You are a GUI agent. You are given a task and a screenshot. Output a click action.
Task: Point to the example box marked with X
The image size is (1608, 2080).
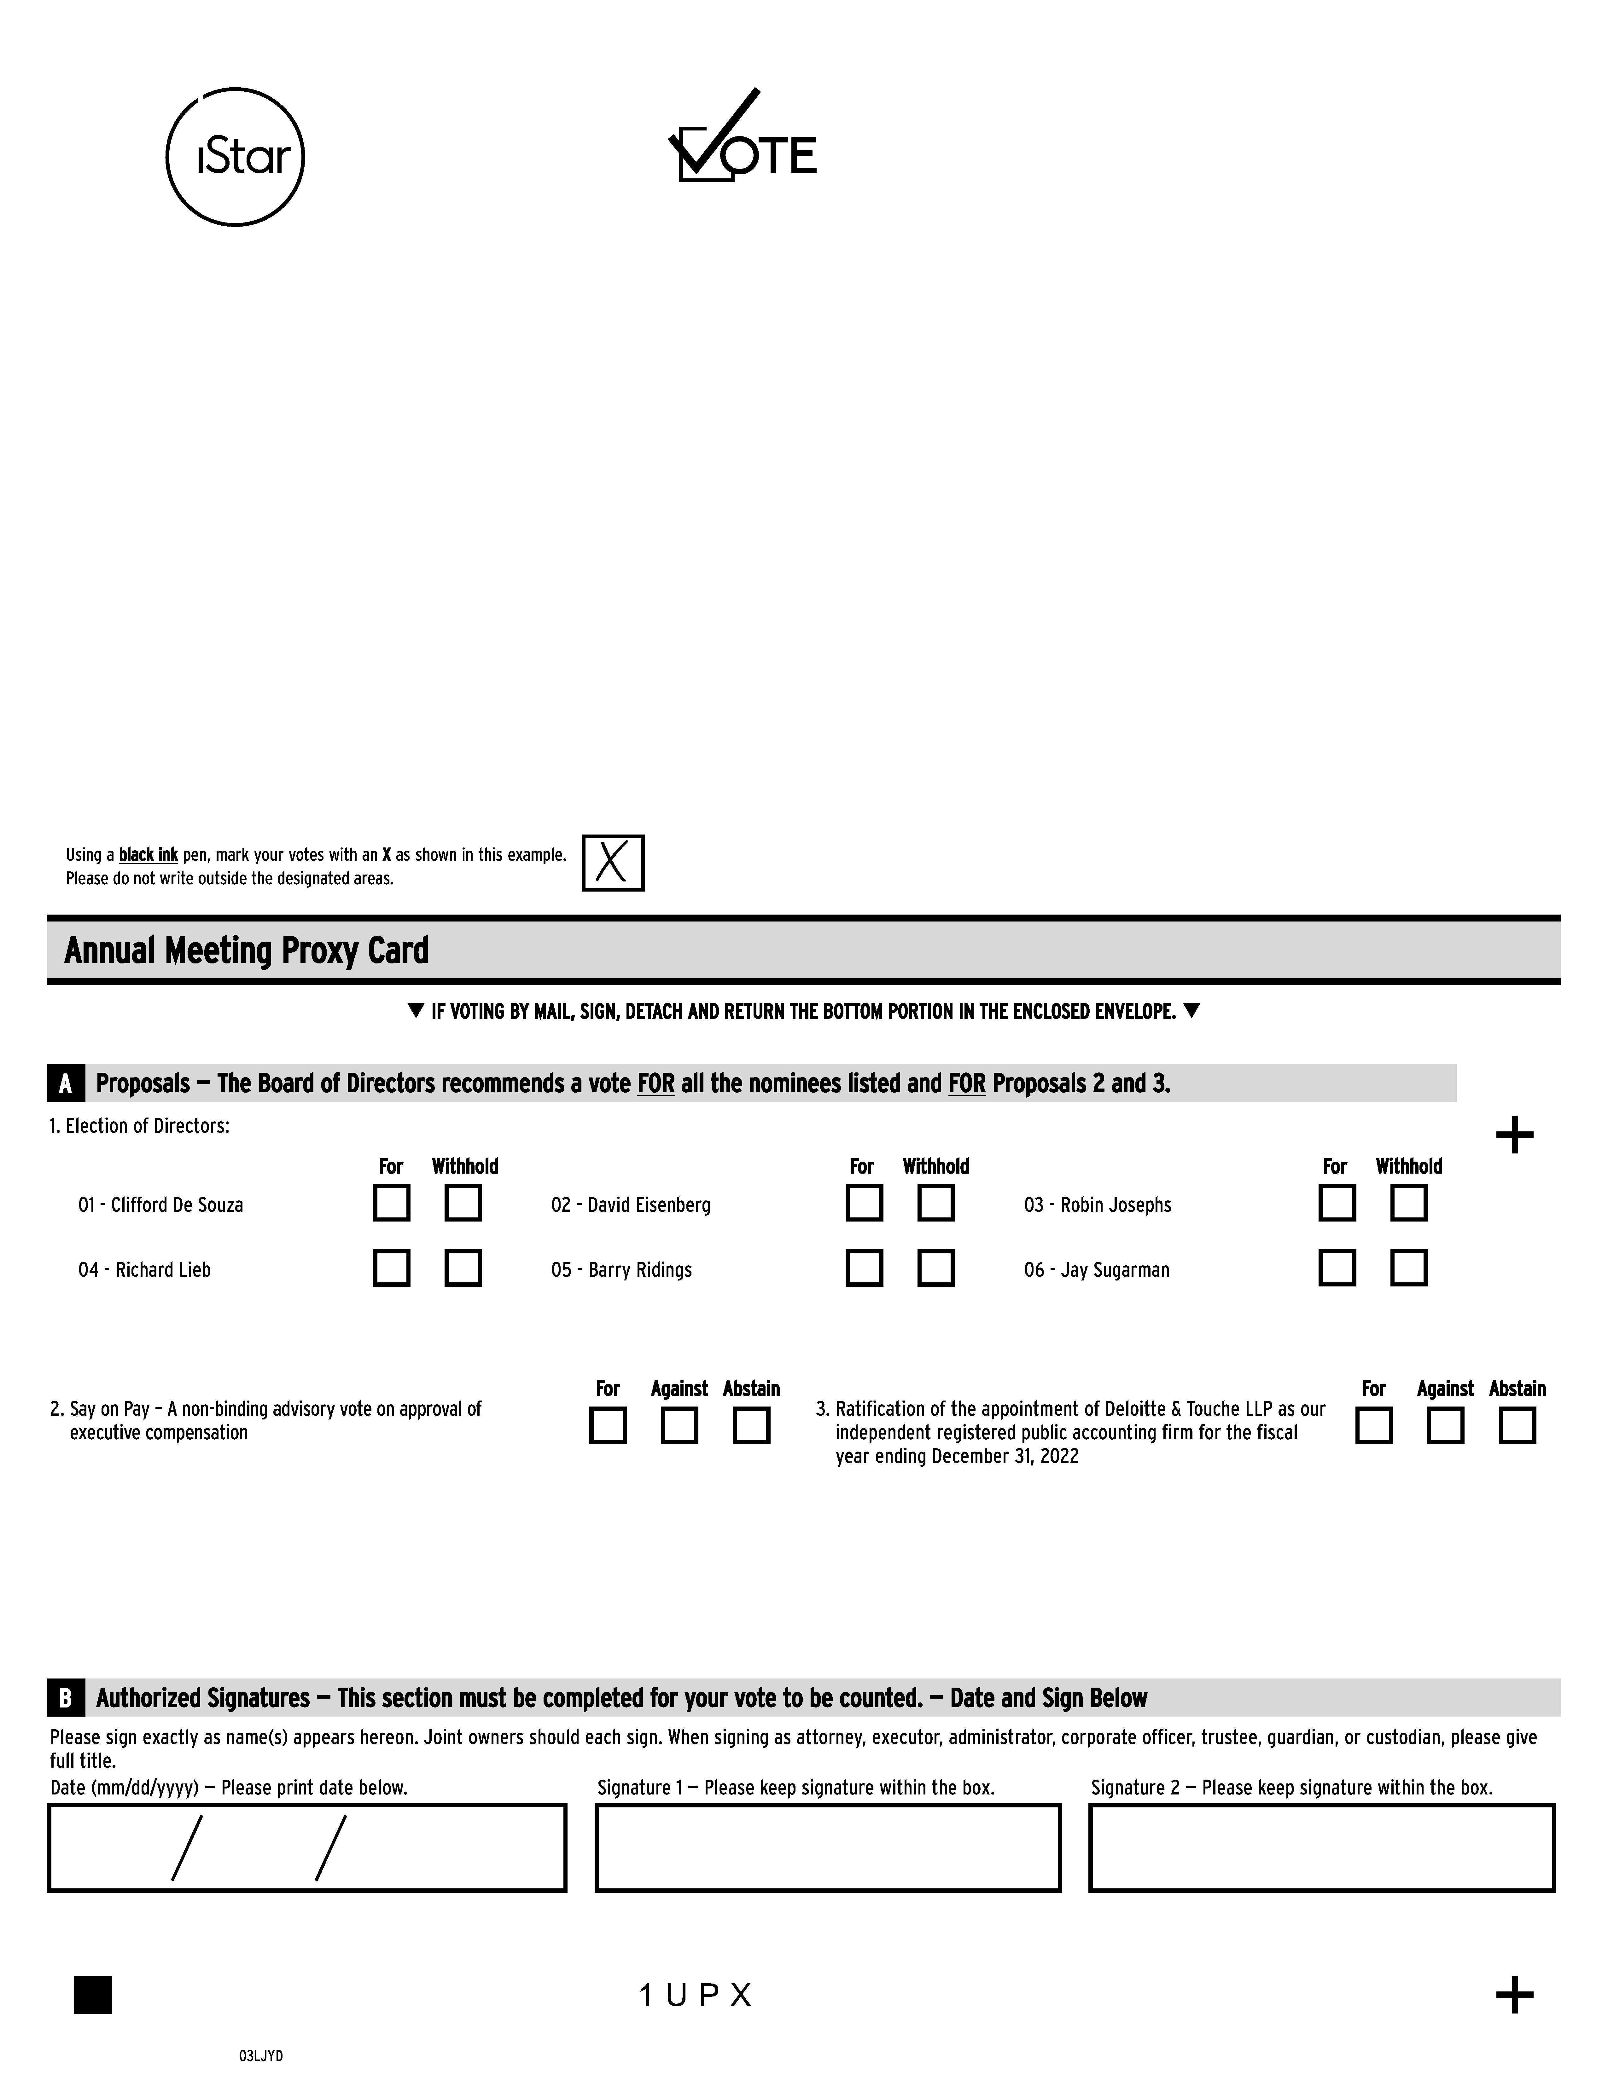[613, 863]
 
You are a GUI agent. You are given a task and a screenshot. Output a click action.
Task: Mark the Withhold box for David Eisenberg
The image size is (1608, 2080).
[935, 1203]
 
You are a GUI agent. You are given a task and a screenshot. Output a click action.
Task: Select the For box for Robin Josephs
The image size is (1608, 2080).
[1337, 1203]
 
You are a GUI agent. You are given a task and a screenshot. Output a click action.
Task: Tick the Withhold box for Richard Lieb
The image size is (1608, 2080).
[463, 1268]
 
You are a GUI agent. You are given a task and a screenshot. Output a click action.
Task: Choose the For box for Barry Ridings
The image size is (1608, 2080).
[864, 1268]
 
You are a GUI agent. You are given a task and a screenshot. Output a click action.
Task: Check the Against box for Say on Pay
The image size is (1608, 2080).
[679, 1426]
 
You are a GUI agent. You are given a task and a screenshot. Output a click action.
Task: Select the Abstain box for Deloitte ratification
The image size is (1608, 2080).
[1517, 1426]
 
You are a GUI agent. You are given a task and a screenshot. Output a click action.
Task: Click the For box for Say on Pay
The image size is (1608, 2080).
[608, 1426]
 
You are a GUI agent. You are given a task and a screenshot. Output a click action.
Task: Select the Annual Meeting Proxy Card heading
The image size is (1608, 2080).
[247, 950]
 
